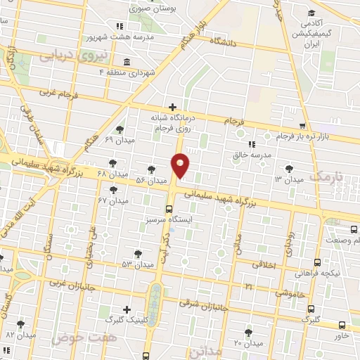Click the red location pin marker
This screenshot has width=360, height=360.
[x=181, y=166]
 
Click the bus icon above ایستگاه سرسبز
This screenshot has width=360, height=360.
[x=168, y=208]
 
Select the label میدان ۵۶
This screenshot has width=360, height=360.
[x=151, y=181]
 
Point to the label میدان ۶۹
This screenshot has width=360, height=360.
[x=119, y=140]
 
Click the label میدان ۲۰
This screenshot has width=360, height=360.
[x=247, y=343]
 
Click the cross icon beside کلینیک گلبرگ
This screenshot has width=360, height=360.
[x=127, y=309]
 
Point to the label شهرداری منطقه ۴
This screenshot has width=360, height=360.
[x=127, y=72]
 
